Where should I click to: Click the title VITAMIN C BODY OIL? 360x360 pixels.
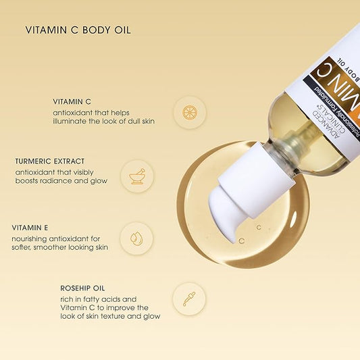pos(78,30)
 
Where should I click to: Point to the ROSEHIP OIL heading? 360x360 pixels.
pos(81,288)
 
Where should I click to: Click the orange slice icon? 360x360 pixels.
pos(189,112)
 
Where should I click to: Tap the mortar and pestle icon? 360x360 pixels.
pos(137,176)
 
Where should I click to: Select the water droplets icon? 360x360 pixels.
pos(136,238)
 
